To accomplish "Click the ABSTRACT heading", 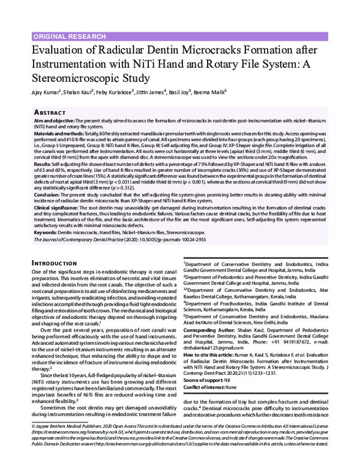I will pos(52,112).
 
